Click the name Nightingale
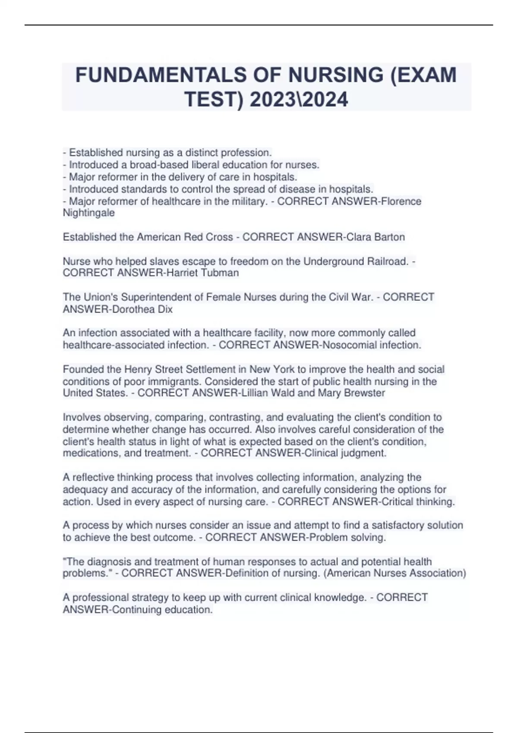pos(89,213)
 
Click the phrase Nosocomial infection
pos(372,345)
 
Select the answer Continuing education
pos(162,610)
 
